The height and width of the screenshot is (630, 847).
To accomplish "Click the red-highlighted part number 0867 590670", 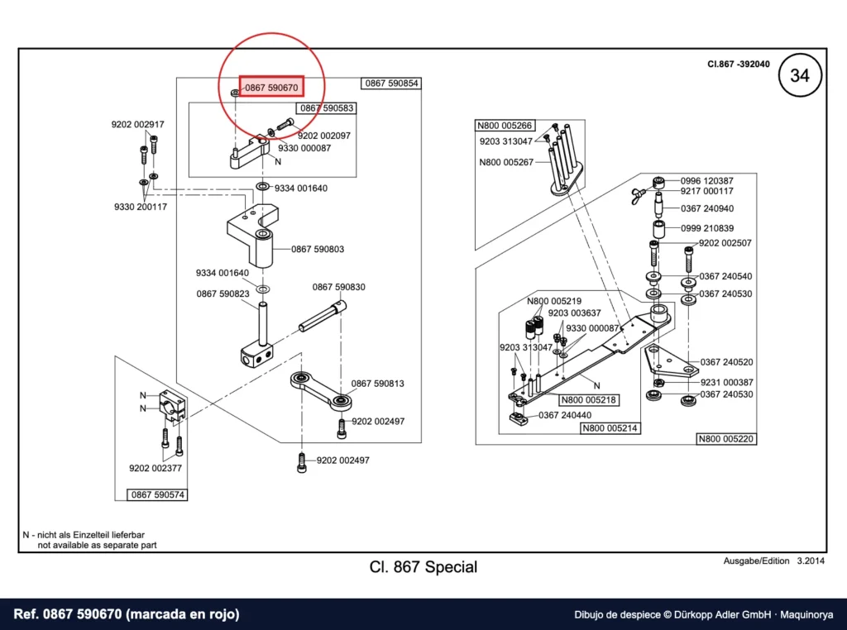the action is click(x=271, y=88).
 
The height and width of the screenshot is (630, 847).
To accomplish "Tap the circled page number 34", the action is click(x=800, y=75).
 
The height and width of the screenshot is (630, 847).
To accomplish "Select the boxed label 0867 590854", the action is click(x=391, y=84).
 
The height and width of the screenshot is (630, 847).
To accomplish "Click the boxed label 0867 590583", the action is click(x=326, y=108).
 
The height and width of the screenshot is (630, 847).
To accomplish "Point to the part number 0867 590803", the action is click(x=318, y=249).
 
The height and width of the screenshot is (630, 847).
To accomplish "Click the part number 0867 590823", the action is click(x=223, y=294).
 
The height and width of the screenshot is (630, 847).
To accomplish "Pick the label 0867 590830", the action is click(x=338, y=287).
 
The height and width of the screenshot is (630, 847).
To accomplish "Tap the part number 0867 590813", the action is click(x=377, y=384).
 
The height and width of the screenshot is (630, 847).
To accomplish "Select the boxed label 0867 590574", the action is click(x=158, y=494).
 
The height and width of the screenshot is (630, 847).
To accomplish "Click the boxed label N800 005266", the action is click(x=505, y=126).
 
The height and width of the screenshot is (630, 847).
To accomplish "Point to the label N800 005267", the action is click(x=506, y=162).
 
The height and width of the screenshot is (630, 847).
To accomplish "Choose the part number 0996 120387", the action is click(x=707, y=181).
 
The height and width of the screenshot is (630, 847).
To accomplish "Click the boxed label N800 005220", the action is click(x=726, y=439).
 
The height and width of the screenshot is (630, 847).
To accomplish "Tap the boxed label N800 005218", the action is click(x=588, y=400).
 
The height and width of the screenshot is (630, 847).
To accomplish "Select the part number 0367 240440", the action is click(x=565, y=415).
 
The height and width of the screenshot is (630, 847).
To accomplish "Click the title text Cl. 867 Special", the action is click(x=423, y=567).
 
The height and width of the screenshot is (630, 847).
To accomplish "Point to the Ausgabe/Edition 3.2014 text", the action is click(x=774, y=561).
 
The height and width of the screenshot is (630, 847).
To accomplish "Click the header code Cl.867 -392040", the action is click(x=739, y=64).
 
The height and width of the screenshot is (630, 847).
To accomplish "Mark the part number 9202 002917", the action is click(x=138, y=124).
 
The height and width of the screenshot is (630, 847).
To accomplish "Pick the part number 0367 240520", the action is click(x=726, y=361).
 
